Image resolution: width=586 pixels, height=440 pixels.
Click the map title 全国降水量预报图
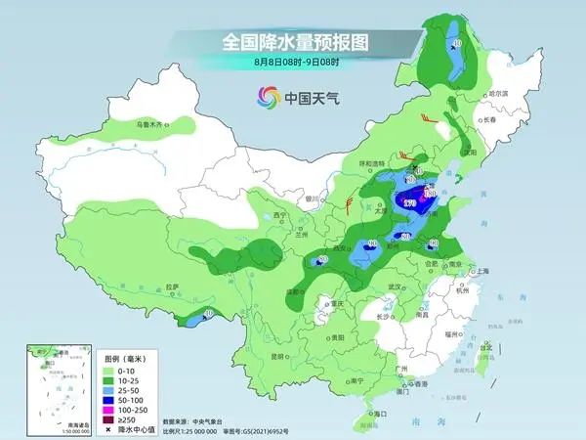point(293,42)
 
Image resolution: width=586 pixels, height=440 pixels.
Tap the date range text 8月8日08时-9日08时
point(293,64)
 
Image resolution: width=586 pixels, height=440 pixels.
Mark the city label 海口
point(371,415)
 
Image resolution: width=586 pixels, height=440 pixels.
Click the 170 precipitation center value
point(408,202)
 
